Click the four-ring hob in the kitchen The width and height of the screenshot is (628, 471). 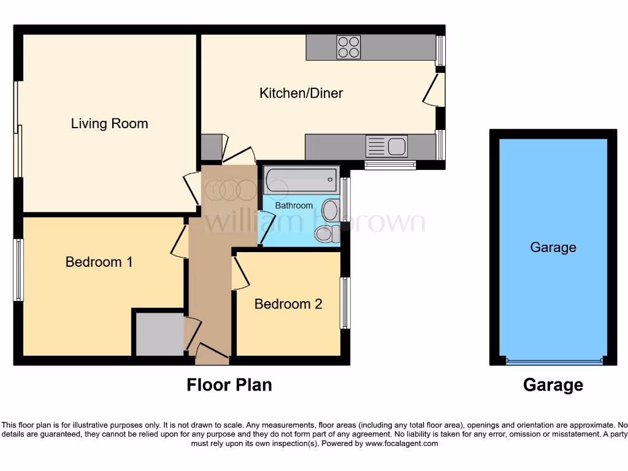[348, 47]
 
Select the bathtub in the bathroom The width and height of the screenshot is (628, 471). [301, 180]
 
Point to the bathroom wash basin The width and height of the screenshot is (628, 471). [331, 210]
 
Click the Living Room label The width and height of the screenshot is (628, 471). [109, 123]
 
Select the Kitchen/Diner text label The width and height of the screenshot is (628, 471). [301, 93]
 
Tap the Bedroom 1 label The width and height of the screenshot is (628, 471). [99, 262]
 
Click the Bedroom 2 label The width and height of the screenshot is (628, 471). [288, 304]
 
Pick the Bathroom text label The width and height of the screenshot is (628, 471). [294, 205]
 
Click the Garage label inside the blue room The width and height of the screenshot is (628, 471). [553, 247]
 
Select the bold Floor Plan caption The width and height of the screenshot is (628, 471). [229, 385]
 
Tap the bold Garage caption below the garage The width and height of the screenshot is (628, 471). [553, 385]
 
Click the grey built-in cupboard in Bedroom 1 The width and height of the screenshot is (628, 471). [159, 334]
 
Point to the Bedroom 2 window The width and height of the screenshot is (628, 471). [345, 303]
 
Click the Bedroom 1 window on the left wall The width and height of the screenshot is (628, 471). [18, 270]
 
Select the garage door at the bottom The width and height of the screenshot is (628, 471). [554, 361]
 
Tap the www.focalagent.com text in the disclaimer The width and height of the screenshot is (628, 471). [401, 443]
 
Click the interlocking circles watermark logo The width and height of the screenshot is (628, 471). [231, 191]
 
